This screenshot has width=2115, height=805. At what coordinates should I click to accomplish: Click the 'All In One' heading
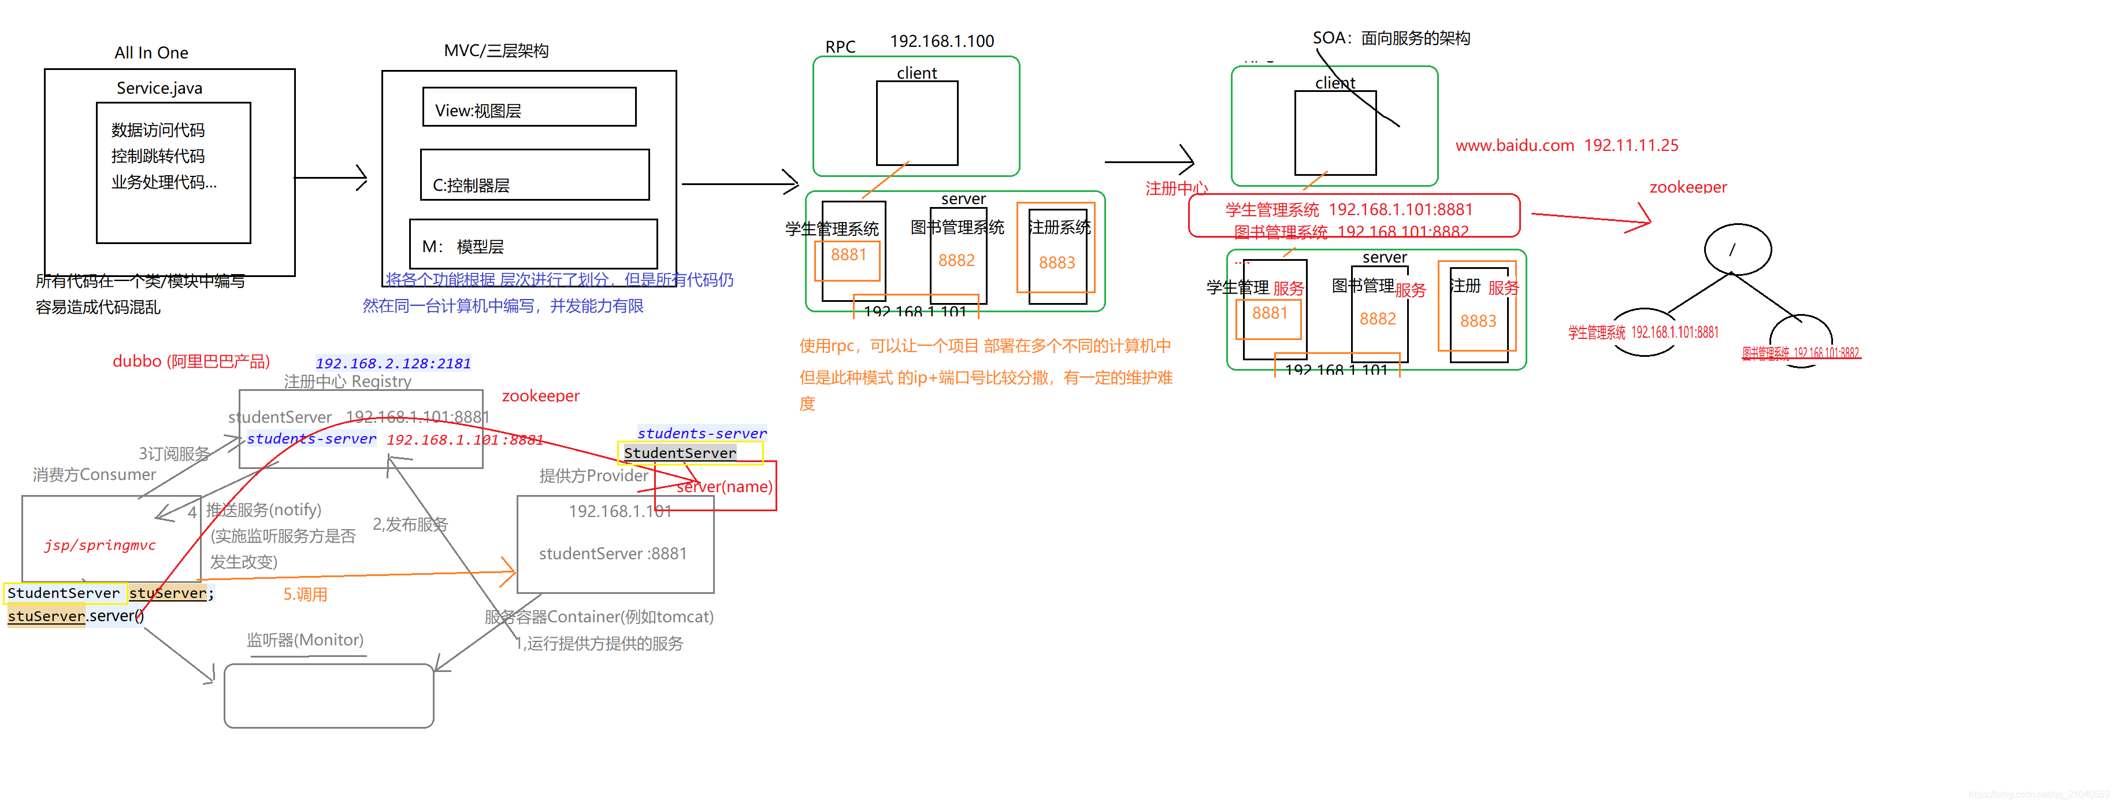click(x=151, y=53)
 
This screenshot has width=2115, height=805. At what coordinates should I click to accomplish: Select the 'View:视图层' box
click(x=529, y=108)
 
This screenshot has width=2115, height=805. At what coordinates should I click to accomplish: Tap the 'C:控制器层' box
click(x=535, y=175)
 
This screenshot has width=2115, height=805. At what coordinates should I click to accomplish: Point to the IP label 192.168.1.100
click(x=942, y=41)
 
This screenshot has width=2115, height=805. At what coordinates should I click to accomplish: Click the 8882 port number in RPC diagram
click(x=956, y=260)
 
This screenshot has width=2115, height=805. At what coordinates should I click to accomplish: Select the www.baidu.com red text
click(x=1514, y=145)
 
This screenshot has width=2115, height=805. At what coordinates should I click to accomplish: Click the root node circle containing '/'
click(x=1737, y=249)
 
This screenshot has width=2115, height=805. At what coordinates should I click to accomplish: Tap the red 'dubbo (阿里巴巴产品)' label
click(x=191, y=361)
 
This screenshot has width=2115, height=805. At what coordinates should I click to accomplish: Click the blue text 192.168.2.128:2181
click(x=394, y=363)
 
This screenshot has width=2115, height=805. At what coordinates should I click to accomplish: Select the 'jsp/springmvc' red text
click(x=100, y=545)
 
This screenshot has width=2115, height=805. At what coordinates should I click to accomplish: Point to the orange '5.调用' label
click(x=306, y=594)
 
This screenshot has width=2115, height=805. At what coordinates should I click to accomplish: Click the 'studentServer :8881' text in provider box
click(x=613, y=553)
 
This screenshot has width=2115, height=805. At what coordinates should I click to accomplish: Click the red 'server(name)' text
click(x=724, y=486)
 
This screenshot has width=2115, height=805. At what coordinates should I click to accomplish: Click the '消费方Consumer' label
click(x=94, y=475)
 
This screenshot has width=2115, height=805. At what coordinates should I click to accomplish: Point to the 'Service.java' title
click(x=159, y=88)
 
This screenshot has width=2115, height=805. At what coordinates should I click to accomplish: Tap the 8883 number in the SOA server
click(x=1478, y=321)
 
